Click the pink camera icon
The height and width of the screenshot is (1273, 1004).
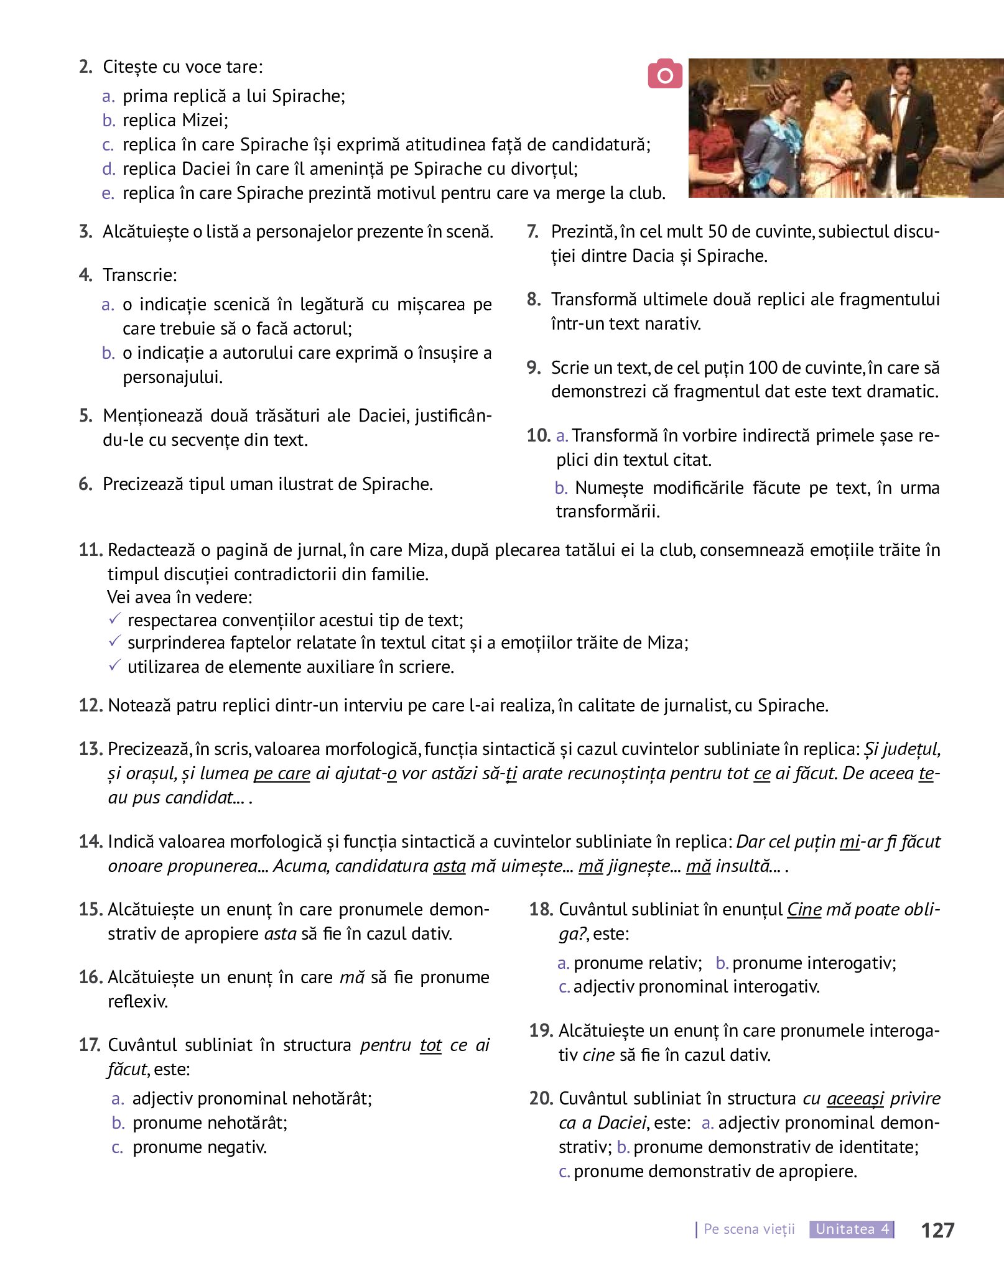point(665,74)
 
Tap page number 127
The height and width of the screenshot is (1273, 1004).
point(937,1229)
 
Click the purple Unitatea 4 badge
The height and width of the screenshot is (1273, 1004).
point(852,1229)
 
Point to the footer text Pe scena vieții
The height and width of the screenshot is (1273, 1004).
point(749,1229)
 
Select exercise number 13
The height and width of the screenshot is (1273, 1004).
point(90,749)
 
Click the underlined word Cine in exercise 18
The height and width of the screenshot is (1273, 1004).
point(804,909)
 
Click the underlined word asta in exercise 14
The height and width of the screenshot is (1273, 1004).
point(449,866)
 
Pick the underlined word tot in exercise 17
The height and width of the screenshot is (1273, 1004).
point(430,1045)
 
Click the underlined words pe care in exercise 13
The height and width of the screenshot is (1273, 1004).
point(282,773)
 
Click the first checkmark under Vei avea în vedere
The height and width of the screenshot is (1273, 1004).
point(114,619)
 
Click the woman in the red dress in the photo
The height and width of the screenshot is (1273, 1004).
point(714,143)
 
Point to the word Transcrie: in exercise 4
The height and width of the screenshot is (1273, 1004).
point(140,275)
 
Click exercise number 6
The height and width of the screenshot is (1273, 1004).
point(86,484)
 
